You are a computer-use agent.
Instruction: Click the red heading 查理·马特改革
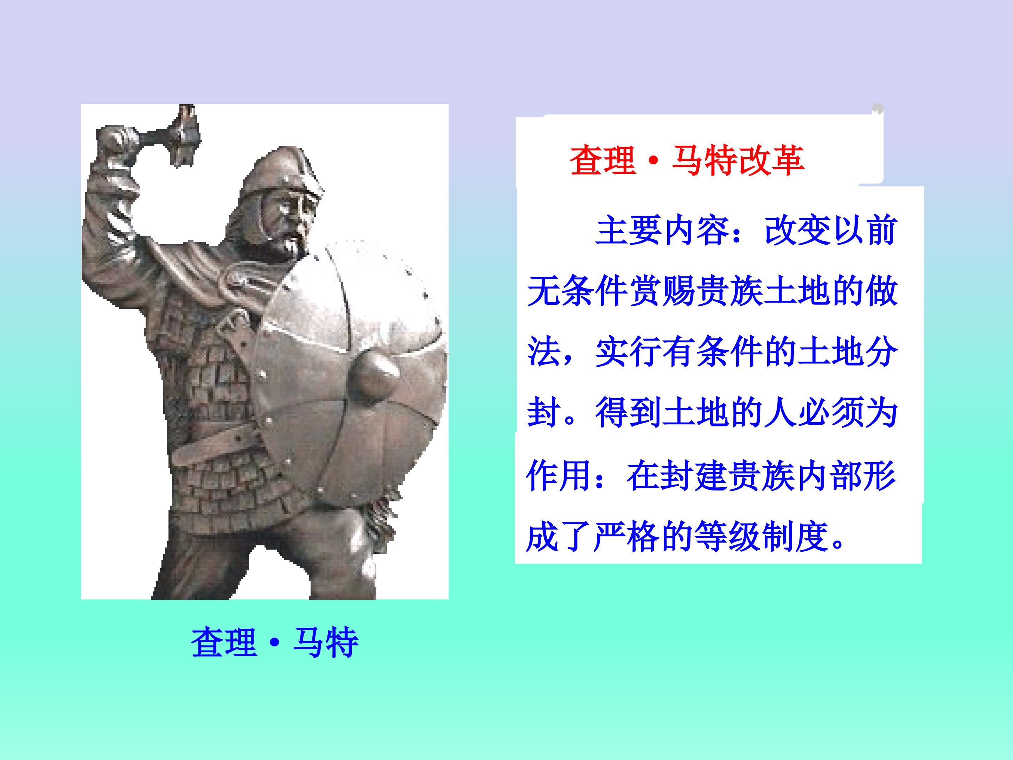coord(687,160)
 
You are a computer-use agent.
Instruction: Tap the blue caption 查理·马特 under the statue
coord(275,643)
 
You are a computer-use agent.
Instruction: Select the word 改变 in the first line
coord(797,230)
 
